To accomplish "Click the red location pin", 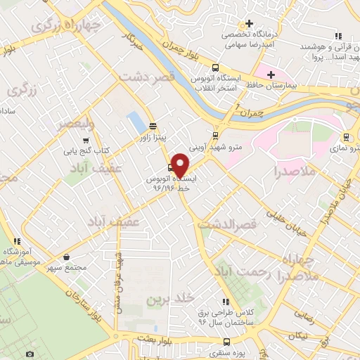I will click(x=180, y=166).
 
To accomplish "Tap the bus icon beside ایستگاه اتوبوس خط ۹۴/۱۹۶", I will click(x=170, y=168).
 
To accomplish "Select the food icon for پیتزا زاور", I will click(x=153, y=127).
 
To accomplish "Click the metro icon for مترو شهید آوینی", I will click(x=215, y=137).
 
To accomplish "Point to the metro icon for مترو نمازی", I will click(x=346, y=137).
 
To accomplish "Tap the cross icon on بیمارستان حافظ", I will click(x=272, y=74).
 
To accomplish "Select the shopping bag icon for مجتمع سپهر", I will click(x=67, y=257).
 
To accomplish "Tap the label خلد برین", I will click(x=169, y=299).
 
